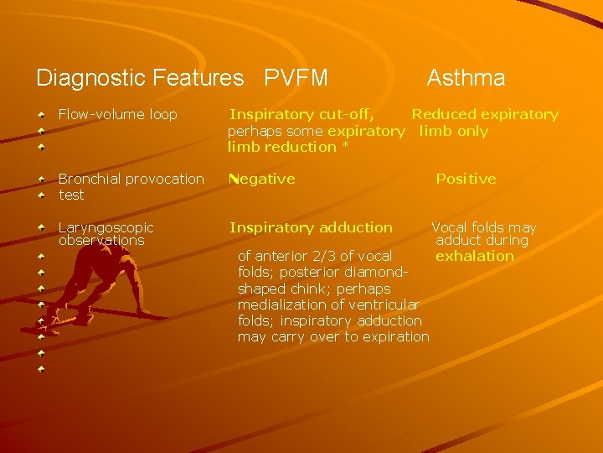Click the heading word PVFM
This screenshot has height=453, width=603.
pyautogui.click(x=296, y=79)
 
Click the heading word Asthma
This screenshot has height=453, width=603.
pyautogui.click(x=466, y=79)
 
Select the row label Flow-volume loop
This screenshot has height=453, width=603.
pyautogui.click(x=117, y=114)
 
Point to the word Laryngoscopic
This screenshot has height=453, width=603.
pyautogui.click(x=106, y=227)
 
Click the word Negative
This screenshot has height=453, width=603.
pyautogui.click(x=262, y=179)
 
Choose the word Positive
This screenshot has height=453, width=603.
pyautogui.click(x=466, y=179)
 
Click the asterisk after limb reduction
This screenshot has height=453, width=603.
pyautogui.click(x=344, y=147)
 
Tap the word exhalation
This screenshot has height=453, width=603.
pyautogui.click(x=475, y=256)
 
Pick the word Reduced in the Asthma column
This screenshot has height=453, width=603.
pyautogui.click(x=444, y=114)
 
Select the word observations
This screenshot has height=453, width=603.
pyautogui.click(x=101, y=241)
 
